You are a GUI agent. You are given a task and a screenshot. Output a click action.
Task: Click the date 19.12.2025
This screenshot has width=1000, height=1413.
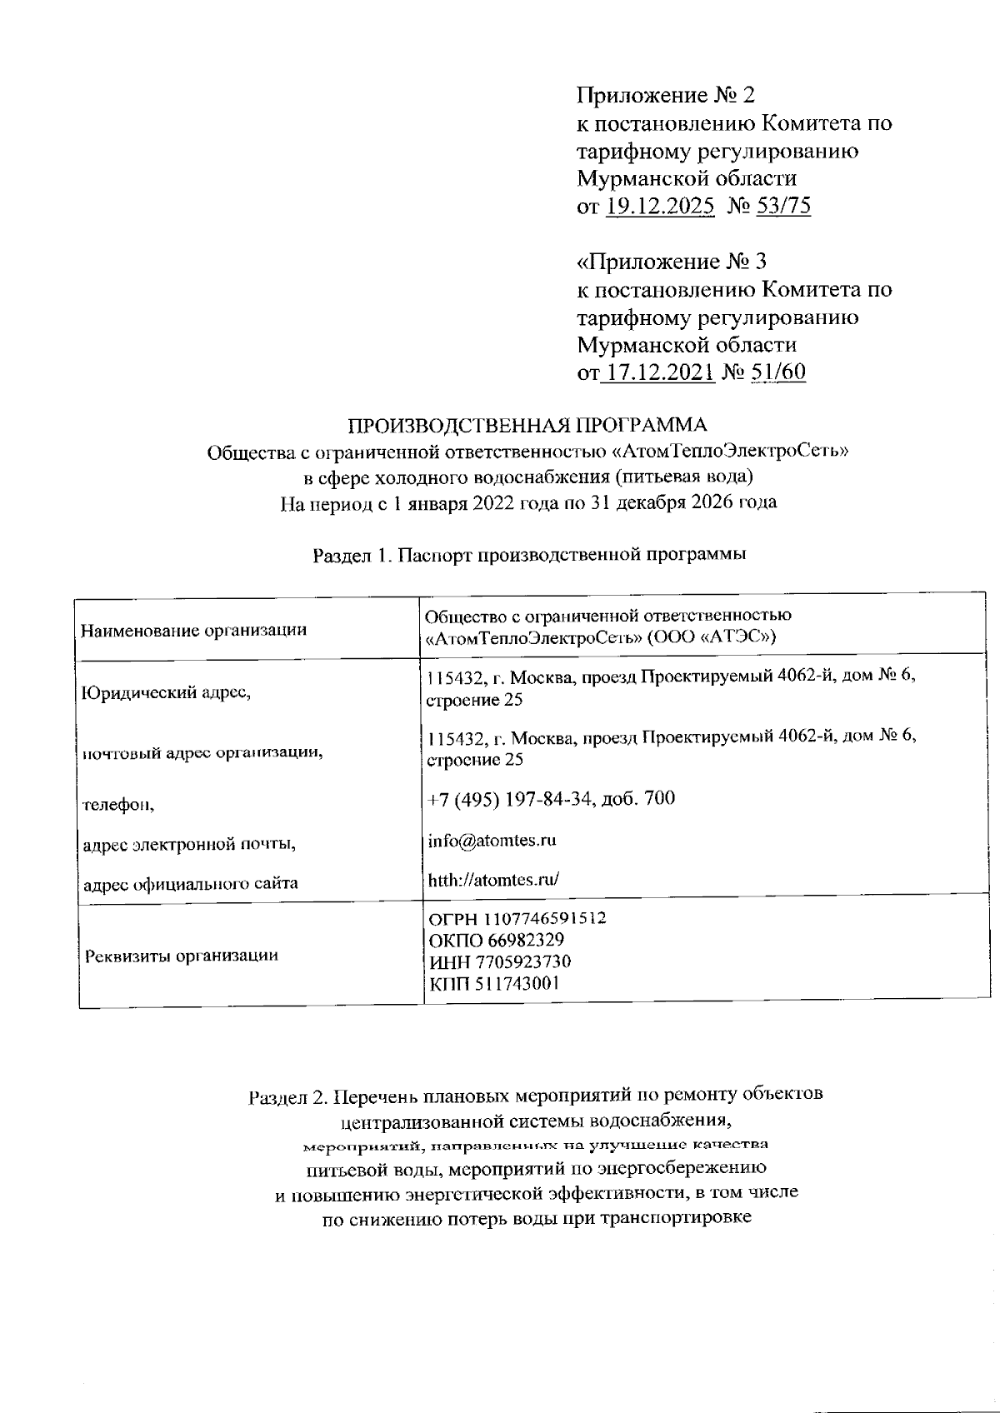tap(659, 206)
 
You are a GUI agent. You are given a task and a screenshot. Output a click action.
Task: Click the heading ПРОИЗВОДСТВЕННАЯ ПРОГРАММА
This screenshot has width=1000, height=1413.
tap(527, 426)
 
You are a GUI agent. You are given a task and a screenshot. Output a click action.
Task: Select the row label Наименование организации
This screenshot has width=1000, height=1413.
tap(193, 630)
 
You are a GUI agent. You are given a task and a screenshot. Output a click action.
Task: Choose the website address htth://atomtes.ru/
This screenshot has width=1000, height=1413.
tap(492, 880)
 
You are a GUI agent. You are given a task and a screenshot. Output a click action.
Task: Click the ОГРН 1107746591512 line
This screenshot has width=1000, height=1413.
tap(517, 919)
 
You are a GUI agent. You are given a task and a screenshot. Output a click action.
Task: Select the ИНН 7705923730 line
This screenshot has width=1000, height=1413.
tap(499, 962)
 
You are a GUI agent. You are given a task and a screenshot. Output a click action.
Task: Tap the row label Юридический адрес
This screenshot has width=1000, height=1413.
tap(166, 692)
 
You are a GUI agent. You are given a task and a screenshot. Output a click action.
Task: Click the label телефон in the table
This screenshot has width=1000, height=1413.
tap(118, 805)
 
